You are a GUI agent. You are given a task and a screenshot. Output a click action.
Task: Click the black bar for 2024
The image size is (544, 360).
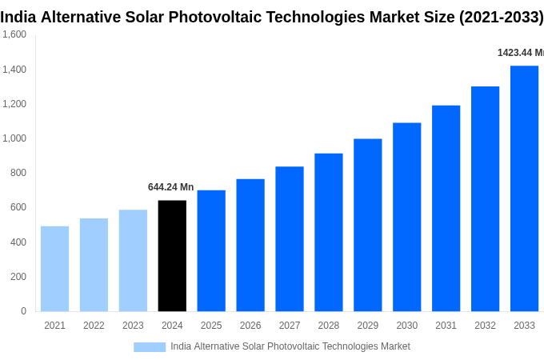172,256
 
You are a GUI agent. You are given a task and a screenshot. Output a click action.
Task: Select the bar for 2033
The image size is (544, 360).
524,189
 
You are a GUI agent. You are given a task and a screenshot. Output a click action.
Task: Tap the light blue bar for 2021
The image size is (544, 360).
54,269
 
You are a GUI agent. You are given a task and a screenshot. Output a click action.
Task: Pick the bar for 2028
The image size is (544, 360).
329,232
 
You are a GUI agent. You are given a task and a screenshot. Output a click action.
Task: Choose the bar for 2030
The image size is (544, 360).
406,217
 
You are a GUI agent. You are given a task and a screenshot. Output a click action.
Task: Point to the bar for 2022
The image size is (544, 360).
94,265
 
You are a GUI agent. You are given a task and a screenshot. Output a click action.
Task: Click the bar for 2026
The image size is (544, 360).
250,245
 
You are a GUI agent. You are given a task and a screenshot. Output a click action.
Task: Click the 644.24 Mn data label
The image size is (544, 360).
170,187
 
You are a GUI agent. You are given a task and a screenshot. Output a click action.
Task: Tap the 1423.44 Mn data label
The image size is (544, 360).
520,53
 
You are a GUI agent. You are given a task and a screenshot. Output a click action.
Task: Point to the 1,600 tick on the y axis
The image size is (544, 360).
14,34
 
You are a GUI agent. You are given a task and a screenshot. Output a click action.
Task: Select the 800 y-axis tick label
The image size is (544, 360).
18,173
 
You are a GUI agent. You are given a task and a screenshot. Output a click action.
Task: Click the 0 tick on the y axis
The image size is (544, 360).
23,311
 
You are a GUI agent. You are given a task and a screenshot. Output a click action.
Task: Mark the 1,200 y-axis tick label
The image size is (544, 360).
14,104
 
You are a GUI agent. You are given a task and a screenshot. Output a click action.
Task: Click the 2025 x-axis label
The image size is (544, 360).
211,326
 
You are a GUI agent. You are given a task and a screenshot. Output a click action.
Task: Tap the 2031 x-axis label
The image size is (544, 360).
446,326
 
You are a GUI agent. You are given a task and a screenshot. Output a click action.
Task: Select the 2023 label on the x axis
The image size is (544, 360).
133,326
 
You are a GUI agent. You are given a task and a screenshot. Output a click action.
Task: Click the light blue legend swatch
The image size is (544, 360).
150,346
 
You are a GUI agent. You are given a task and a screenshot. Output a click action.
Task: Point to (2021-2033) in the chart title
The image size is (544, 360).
501,17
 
